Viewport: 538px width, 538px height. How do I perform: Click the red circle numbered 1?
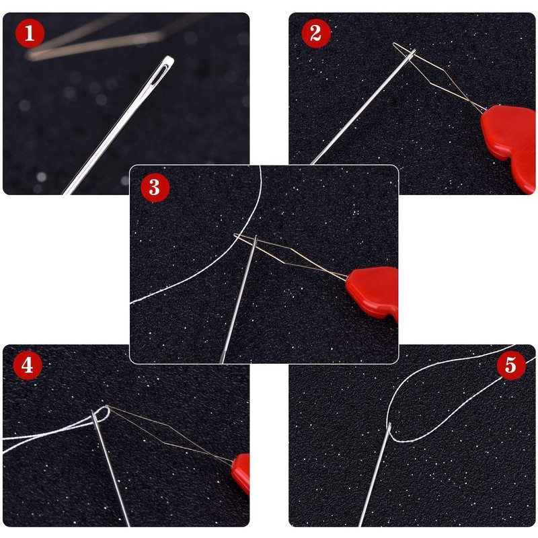[29, 33]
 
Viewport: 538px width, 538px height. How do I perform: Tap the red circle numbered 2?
[315, 33]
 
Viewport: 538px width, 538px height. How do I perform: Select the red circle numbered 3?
[155, 187]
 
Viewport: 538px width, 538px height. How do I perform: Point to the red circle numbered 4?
[27, 365]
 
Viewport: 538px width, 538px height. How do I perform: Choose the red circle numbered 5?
[510, 365]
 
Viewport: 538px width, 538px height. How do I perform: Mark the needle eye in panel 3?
[254, 240]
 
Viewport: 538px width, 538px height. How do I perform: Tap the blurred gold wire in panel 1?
[94, 40]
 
